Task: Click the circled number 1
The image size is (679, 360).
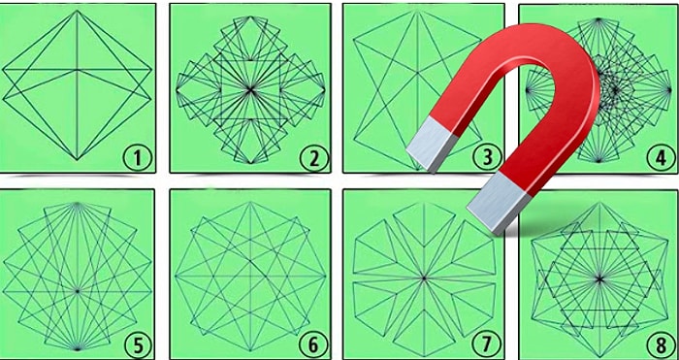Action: click(138, 158)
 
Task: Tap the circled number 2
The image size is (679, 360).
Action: click(313, 158)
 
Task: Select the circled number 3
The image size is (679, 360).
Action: click(487, 158)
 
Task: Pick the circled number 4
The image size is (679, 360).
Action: click(661, 158)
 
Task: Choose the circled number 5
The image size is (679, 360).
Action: click(138, 345)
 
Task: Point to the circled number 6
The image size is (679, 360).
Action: click(312, 345)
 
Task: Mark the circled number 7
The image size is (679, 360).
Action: click(487, 345)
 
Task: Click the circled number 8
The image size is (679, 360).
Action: click(661, 345)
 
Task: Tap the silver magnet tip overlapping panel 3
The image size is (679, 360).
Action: click(432, 145)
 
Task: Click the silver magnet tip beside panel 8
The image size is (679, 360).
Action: click(499, 203)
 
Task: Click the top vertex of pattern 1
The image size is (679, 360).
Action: click(77, 11)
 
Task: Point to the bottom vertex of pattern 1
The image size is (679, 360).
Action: click(77, 159)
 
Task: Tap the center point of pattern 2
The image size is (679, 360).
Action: click(250, 89)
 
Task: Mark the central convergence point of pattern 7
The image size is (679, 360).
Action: click(424, 278)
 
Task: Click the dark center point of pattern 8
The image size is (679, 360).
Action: click(599, 279)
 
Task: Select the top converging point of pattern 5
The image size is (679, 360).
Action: click(77, 203)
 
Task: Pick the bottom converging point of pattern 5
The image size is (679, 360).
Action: click(77, 348)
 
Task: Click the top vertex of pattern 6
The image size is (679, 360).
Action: click(250, 202)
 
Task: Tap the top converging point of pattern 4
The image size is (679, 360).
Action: click(598, 19)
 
